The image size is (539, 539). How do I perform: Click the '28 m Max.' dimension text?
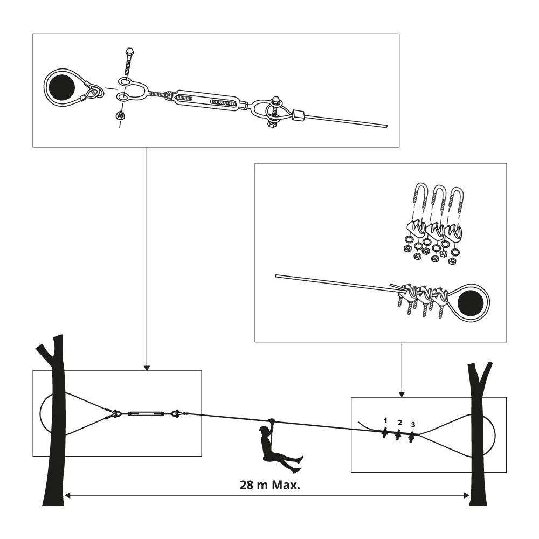coord(269,483)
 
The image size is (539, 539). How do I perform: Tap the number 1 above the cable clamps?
coord(385,419)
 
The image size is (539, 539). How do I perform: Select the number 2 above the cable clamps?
coord(399,422)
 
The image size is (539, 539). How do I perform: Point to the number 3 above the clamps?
coord(413,425)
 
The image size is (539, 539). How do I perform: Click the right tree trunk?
coord(478,442)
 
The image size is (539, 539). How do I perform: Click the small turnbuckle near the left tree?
coord(143,414)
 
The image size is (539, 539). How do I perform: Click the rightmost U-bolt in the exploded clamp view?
coord(457,199)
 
